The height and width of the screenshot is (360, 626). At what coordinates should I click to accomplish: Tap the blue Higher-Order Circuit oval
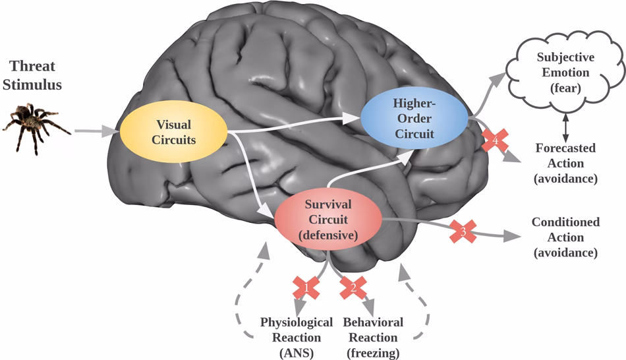point(414,119)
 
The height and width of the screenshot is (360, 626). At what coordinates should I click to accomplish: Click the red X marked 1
point(306,287)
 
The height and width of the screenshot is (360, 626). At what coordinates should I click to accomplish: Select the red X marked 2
point(353,287)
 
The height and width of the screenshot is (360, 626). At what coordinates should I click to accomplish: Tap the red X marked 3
point(463,231)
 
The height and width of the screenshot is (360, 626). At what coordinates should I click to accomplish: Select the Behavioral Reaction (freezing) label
point(373,337)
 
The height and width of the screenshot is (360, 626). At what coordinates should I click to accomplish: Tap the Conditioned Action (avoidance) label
point(565,237)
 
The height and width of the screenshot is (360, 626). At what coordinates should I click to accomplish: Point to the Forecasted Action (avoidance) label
point(565,163)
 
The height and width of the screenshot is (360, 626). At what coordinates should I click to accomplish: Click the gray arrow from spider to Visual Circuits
point(96,132)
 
